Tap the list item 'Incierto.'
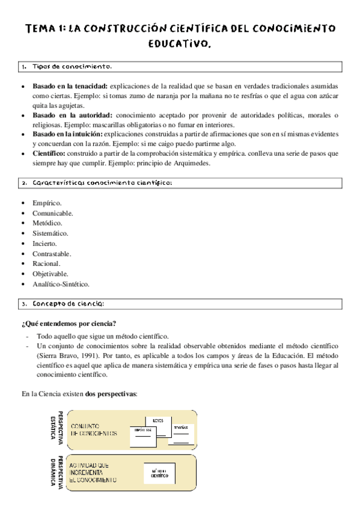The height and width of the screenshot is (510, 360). click(45, 244)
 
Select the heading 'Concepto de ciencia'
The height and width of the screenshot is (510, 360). click(69, 303)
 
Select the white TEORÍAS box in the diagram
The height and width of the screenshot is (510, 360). click(181, 432)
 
